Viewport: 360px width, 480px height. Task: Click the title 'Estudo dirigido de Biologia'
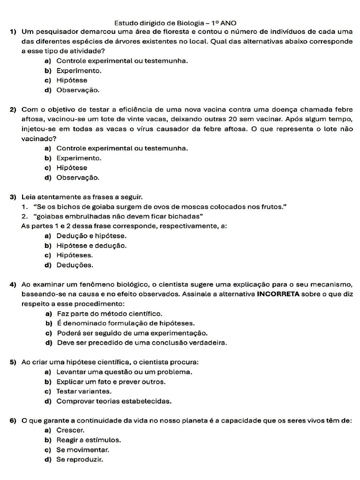click(160, 22)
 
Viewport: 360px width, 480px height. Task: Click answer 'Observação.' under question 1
click(78, 90)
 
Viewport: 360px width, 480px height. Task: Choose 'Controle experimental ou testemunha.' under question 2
click(122, 148)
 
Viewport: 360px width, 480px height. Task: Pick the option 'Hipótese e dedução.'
click(91, 246)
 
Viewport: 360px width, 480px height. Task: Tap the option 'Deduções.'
click(75, 265)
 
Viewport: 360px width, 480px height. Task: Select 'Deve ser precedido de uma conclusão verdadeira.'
click(142, 343)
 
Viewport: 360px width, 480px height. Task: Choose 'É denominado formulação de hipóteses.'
click(126, 323)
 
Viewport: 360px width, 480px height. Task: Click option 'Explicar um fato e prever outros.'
click(111, 382)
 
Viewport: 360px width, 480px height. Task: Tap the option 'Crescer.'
click(70, 430)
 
